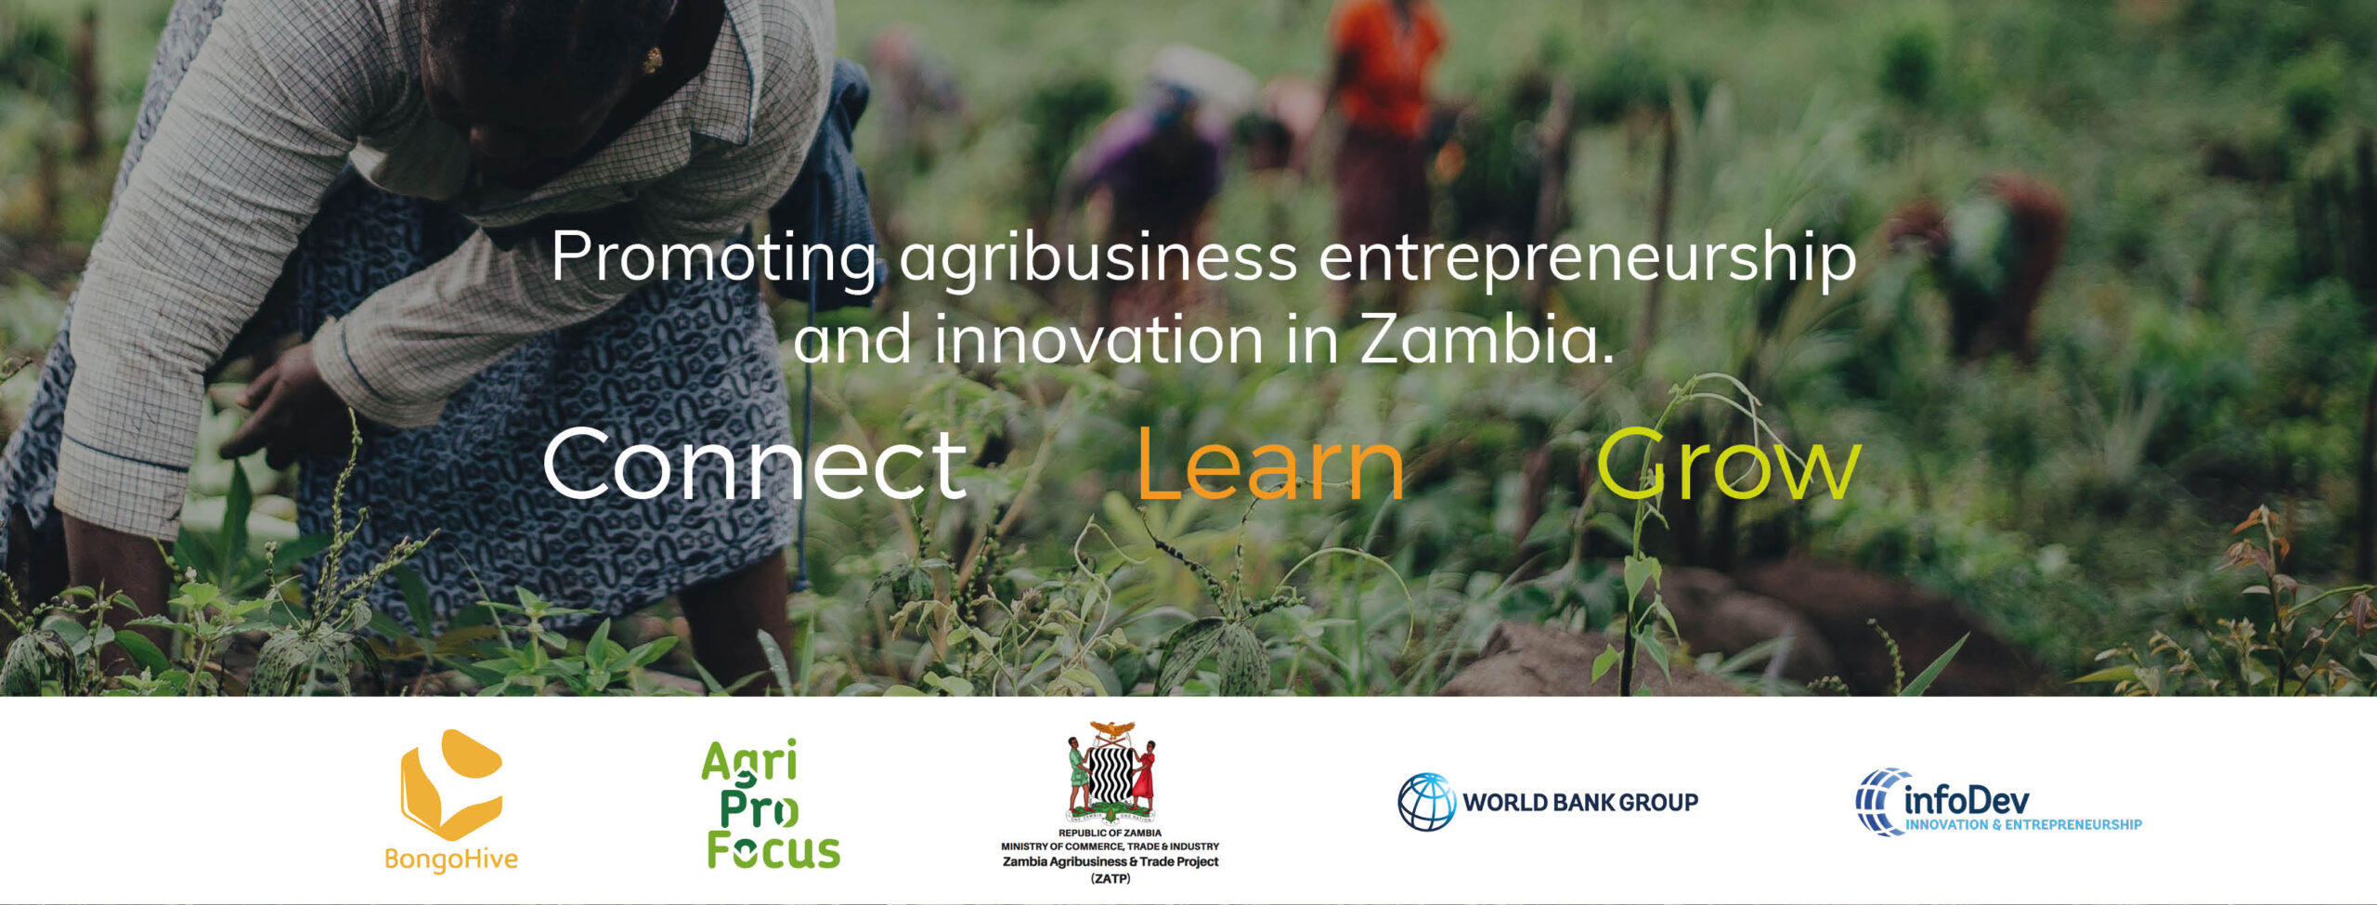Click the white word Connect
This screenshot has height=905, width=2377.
[x=755, y=463]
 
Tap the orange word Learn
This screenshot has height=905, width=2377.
[x=1270, y=463]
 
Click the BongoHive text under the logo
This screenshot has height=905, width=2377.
[x=451, y=859]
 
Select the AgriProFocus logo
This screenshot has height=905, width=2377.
[x=771, y=805]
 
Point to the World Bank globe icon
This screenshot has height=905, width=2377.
[x=1427, y=802]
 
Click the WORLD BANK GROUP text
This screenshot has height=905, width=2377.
[x=1580, y=802]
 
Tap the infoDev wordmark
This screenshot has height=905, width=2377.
[x=1967, y=799]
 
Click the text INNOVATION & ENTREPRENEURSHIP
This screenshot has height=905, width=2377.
[x=2024, y=824]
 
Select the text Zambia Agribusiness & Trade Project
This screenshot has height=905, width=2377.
[x=1111, y=861]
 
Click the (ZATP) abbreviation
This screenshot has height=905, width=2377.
[x=1111, y=878]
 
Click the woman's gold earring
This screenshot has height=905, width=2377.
[x=652, y=60]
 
